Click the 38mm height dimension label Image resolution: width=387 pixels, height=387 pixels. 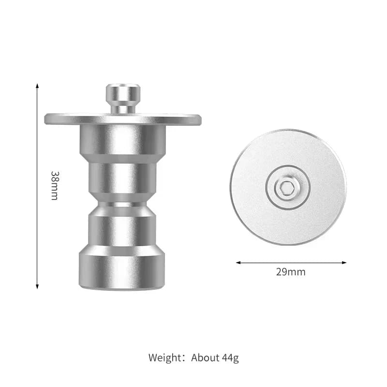[55, 185]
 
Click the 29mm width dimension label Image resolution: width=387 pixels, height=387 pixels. [291, 272]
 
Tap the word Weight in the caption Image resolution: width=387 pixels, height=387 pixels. [165, 357]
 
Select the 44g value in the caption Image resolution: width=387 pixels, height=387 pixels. [230, 358]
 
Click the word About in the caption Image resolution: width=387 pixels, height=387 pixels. [205, 357]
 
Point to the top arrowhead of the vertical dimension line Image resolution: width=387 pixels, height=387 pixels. [37, 86]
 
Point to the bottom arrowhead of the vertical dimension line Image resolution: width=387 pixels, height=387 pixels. [37, 287]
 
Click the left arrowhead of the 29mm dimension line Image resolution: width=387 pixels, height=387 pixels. [238, 263]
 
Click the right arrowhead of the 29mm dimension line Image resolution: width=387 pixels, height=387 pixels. [344, 263]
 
